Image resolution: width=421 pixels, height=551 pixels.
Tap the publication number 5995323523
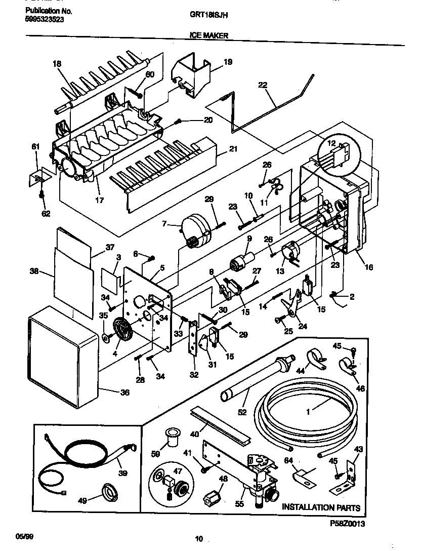45,20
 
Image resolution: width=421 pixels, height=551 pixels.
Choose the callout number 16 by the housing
369,267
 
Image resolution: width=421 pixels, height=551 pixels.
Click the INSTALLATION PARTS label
321,507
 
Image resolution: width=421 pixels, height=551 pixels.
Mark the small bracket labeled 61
36,176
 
